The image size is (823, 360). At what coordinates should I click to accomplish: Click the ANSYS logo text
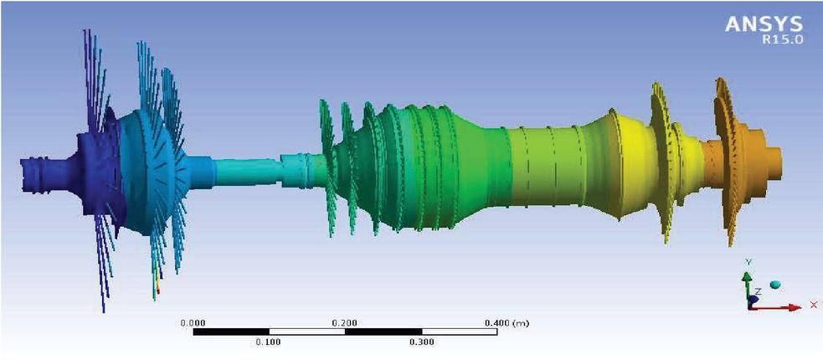point(764,24)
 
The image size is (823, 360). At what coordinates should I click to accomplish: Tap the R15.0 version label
point(783,40)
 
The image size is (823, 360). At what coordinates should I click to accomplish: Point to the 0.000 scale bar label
point(193,322)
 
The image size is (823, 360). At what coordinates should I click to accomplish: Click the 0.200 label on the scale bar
point(345,322)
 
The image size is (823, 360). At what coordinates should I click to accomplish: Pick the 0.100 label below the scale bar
point(269,342)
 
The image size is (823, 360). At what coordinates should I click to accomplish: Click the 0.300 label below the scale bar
point(421,342)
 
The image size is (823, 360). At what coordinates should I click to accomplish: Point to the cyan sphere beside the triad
point(774,285)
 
